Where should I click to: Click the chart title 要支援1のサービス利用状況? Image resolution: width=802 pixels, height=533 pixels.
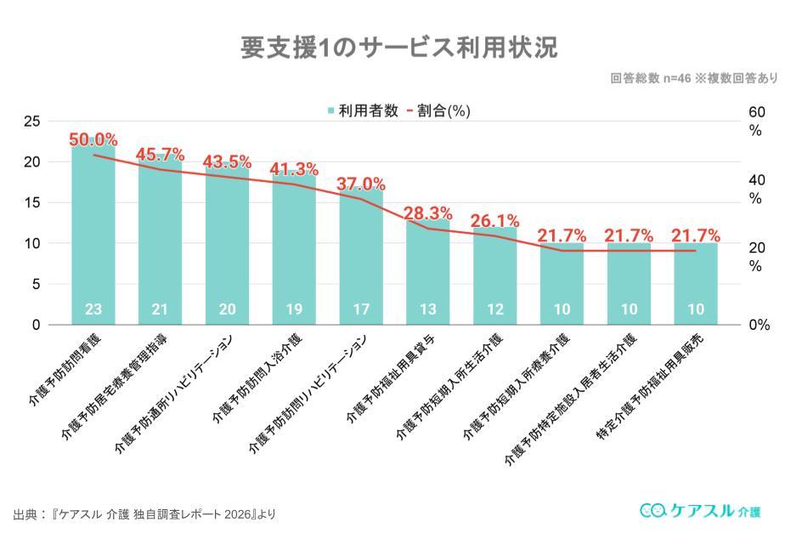(x=399, y=48)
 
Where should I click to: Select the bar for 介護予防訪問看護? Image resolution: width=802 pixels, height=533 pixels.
(x=93, y=238)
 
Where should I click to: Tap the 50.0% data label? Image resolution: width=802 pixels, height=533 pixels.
(x=93, y=140)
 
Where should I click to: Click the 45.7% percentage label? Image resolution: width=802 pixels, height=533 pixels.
(x=161, y=154)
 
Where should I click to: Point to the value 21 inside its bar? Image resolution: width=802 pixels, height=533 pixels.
(x=160, y=309)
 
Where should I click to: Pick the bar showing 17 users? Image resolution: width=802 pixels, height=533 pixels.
(x=361, y=255)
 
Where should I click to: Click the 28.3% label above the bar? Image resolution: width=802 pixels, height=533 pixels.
(x=428, y=213)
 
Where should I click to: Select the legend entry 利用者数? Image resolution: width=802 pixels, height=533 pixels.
(x=363, y=111)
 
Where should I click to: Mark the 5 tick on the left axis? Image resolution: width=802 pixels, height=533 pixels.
(x=36, y=284)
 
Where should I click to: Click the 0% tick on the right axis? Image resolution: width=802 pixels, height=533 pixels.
(x=758, y=325)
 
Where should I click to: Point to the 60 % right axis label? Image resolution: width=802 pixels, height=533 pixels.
(x=756, y=122)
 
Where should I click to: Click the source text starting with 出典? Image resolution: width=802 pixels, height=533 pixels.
(x=144, y=514)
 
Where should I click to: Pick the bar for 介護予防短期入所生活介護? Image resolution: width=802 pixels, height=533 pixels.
(x=495, y=276)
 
